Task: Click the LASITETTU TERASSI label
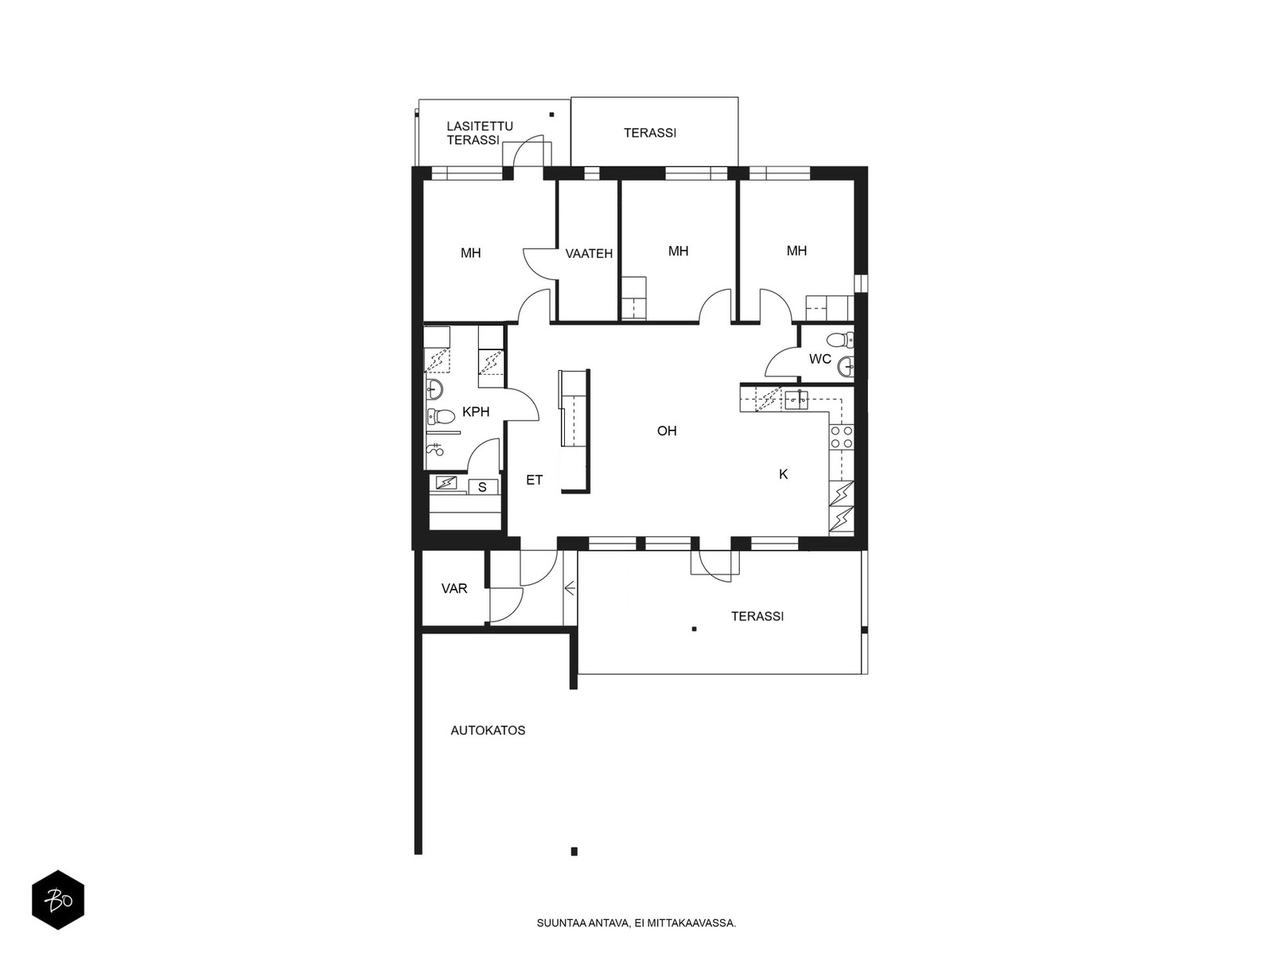(480, 134)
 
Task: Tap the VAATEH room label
(589, 253)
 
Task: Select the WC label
(820, 359)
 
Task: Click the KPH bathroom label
(476, 411)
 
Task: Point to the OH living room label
(667, 431)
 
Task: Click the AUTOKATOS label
(488, 731)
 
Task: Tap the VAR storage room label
(454, 589)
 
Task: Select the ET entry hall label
(534, 480)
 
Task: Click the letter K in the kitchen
(783, 474)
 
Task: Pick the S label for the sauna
(482, 488)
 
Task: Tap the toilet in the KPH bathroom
(442, 415)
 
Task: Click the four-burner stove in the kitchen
(842, 437)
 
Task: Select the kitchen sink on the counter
(796, 400)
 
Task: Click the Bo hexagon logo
(58, 900)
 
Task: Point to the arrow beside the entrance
(570, 589)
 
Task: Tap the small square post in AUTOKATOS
(574, 852)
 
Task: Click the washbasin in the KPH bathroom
(434, 389)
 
